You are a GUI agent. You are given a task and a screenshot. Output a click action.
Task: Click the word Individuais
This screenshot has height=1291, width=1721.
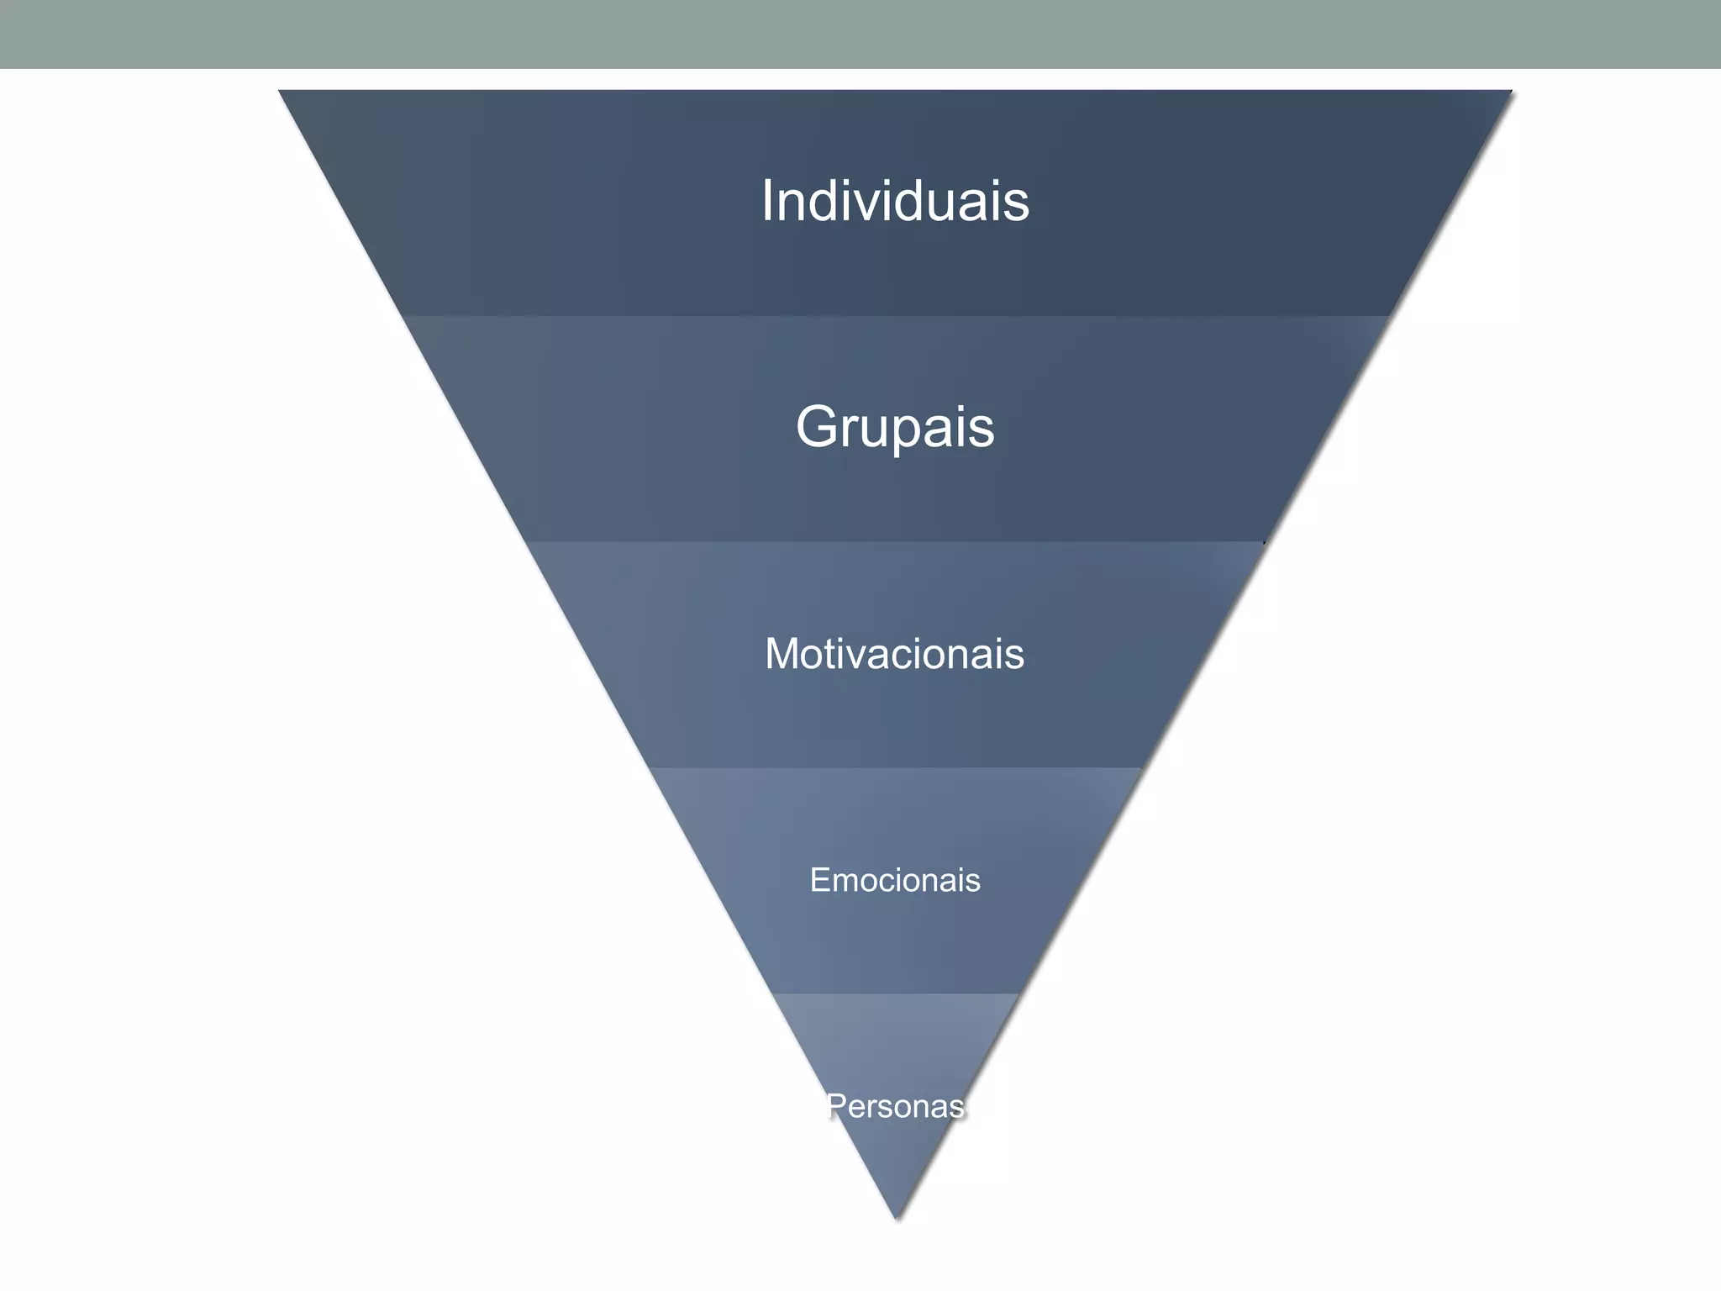(x=895, y=202)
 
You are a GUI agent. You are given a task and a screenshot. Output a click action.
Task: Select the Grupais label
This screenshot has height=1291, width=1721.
(x=895, y=427)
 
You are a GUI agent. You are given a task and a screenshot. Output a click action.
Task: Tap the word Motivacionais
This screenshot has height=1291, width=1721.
(x=894, y=653)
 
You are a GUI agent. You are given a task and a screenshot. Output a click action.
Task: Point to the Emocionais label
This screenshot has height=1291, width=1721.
(x=895, y=880)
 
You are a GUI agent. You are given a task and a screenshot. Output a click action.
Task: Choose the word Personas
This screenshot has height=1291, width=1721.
(x=896, y=1106)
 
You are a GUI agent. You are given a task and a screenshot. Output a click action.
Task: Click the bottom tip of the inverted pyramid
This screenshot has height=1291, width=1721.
(x=897, y=1217)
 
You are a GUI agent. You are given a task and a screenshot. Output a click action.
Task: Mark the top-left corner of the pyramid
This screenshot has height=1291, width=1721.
(x=281, y=92)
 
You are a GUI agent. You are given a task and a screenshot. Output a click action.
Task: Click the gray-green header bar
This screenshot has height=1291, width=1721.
(x=860, y=34)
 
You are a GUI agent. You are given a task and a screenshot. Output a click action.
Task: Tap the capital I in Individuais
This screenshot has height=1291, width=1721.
(x=767, y=202)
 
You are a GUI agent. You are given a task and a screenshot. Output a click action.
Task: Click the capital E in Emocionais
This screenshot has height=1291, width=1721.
(x=818, y=880)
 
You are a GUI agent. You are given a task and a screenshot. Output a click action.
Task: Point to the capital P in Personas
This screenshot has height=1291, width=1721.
(x=836, y=1106)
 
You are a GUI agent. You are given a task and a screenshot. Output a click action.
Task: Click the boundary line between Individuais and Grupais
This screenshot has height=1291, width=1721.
(x=895, y=316)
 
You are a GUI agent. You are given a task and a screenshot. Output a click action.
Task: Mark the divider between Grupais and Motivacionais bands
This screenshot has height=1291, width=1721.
(x=895, y=542)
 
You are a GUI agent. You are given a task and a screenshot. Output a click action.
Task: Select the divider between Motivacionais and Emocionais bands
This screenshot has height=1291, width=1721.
(x=895, y=767)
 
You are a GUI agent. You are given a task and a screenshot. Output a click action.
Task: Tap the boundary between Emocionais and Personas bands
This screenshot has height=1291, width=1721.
(x=895, y=993)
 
